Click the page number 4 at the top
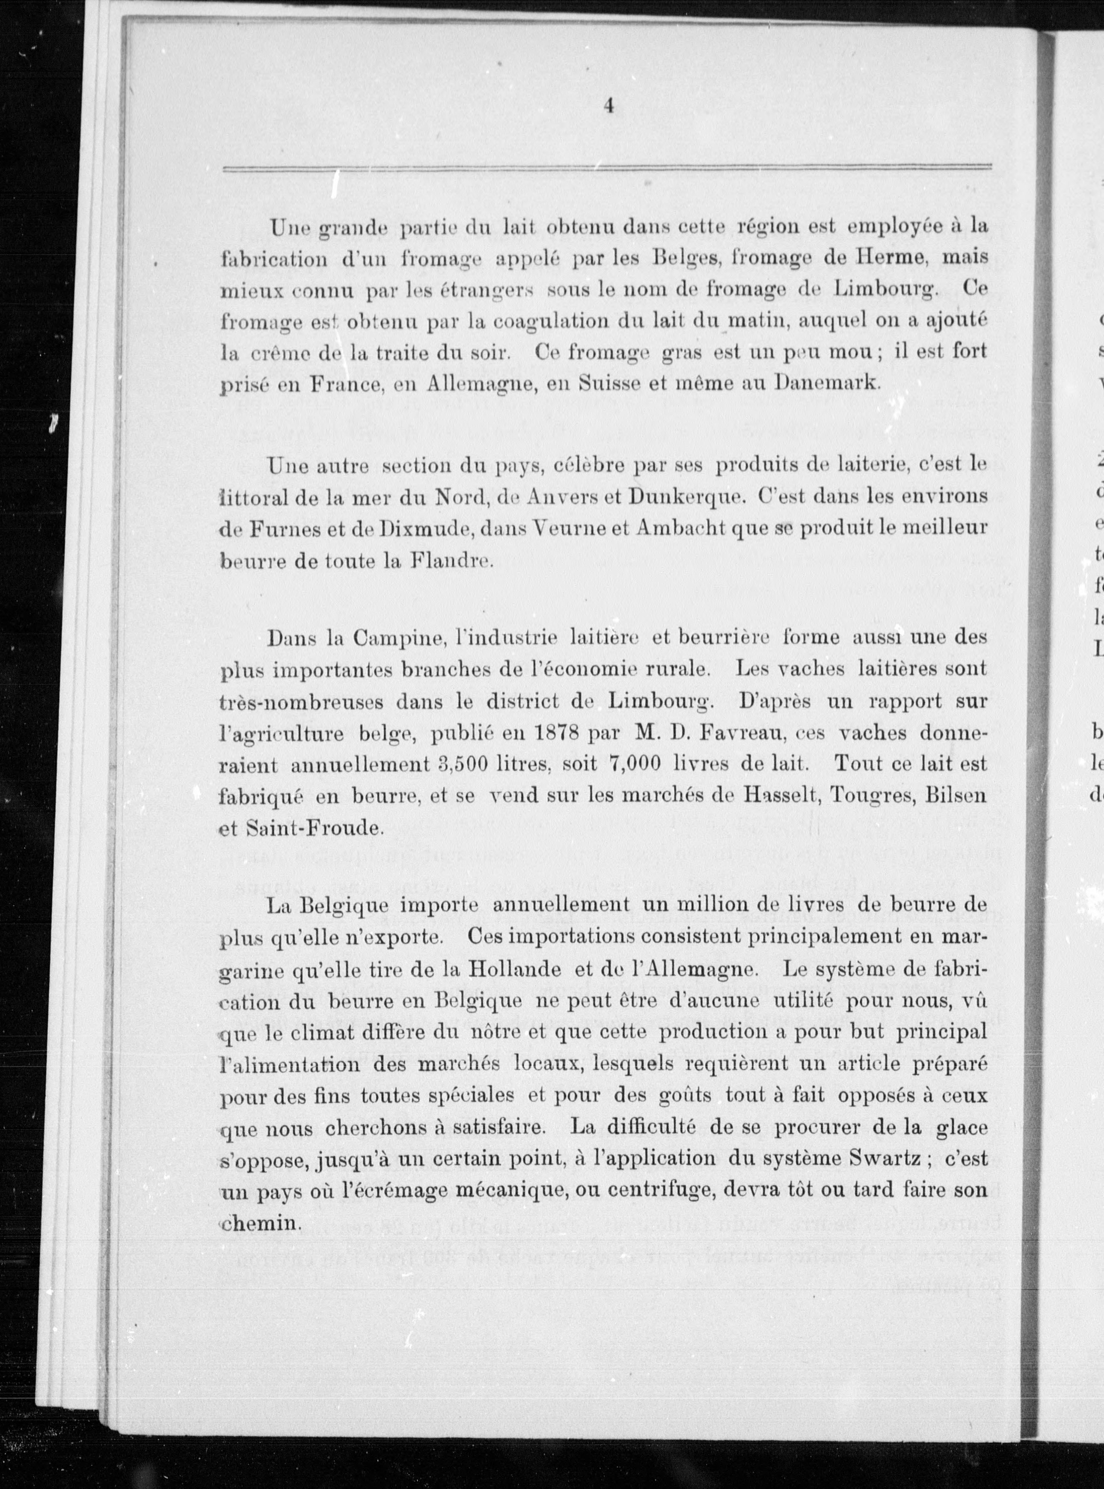click(x=608, y=106)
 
